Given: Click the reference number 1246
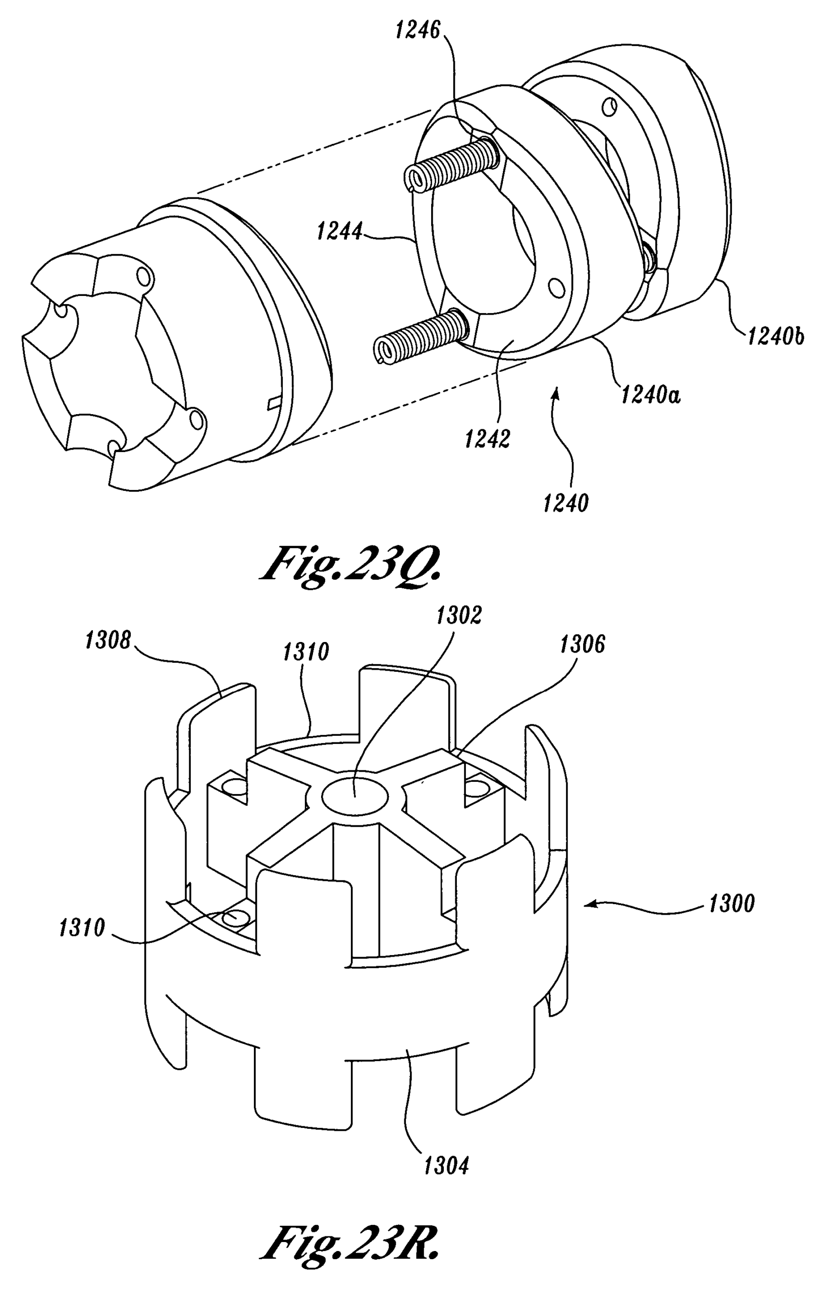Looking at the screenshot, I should [x=418, y=30].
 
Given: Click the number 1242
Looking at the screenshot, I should [x=487, y=439].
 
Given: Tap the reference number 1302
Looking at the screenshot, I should [x=459, y=615].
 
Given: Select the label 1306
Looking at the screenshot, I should [x=582, y=644].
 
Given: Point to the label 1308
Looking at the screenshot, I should [x=108, y=640].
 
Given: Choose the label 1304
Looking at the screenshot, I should [x=446, y=1166].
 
